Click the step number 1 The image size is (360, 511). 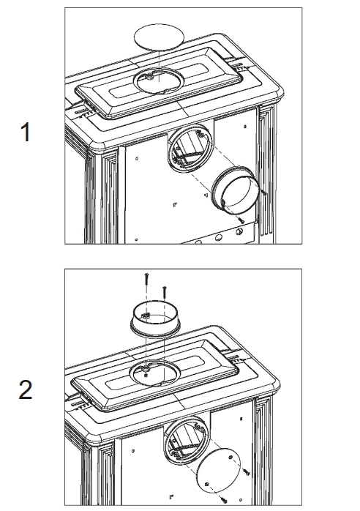point(26,132)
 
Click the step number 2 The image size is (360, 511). point(26,390)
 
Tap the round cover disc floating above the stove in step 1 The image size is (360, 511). point(159,37)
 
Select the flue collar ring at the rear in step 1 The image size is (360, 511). point(235,190)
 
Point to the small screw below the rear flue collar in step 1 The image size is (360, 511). point(241,221)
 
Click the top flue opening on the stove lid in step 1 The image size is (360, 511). point(158,81)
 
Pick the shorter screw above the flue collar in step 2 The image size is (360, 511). point(165,292)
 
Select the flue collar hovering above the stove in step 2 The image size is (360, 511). point(155,319)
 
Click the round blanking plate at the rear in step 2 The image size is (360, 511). point(219,471)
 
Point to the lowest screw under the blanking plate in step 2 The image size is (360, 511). point(224,499)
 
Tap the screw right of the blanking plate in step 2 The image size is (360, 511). point(246,471)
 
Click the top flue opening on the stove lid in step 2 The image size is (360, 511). point(154,373)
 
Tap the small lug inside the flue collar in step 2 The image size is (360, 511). point(146,315)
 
